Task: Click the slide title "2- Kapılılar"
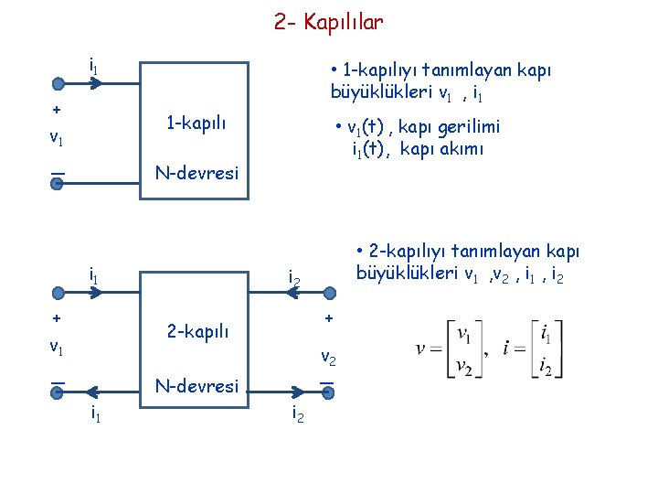tap(328, 21)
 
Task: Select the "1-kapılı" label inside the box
tap(196, 123)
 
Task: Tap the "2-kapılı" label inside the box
tap(197, 330)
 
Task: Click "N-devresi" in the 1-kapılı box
tap(196, 172)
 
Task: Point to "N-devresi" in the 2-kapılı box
tap(196, 386)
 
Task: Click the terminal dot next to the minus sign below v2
tap(329, 392)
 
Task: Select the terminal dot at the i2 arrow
tap(329, 293)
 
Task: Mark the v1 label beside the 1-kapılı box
tap(57, 139)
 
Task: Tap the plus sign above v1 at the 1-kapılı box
tap(57, 110)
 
